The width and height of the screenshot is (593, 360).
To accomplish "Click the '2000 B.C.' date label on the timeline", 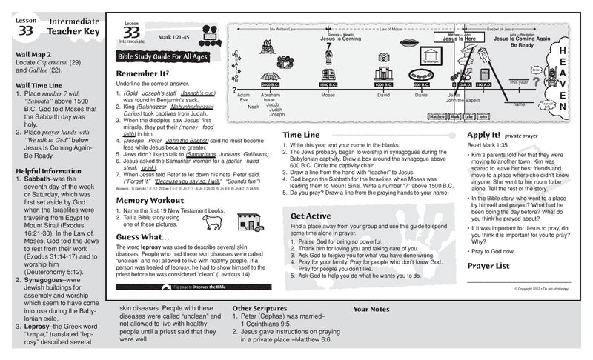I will pyautogui.click(x=271, y=85).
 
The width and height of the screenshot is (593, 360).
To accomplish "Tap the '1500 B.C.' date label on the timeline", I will pyautogui.click(x=328, y=85).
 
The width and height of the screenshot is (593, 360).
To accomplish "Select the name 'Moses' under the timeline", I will pyautogui.click(x=328, y=96).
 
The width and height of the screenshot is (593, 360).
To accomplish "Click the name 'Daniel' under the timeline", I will pyautogui.click(x=422, y=96).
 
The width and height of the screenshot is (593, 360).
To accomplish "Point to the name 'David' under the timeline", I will pyautogui.click(x=383, y=96).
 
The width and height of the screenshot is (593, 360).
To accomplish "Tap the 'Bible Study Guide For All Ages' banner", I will pyautogui.click(x=161, y=57).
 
